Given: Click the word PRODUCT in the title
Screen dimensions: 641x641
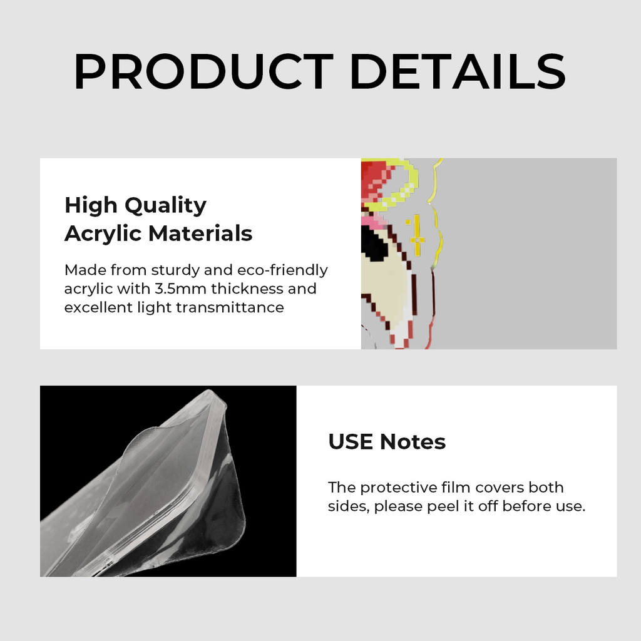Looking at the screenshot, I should [x=203, y=71].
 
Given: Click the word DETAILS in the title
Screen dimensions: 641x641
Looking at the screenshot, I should [x=459, y=71].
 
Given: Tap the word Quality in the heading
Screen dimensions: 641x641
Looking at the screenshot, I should [x=165, y=205].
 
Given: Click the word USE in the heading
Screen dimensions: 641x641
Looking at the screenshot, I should [x=351, y=442].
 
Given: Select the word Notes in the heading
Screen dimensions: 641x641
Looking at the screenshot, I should [x=413, y=442].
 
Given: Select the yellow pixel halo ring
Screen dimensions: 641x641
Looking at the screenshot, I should [x=401, y=188].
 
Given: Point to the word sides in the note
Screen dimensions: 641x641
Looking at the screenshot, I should [x=347, y=506].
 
